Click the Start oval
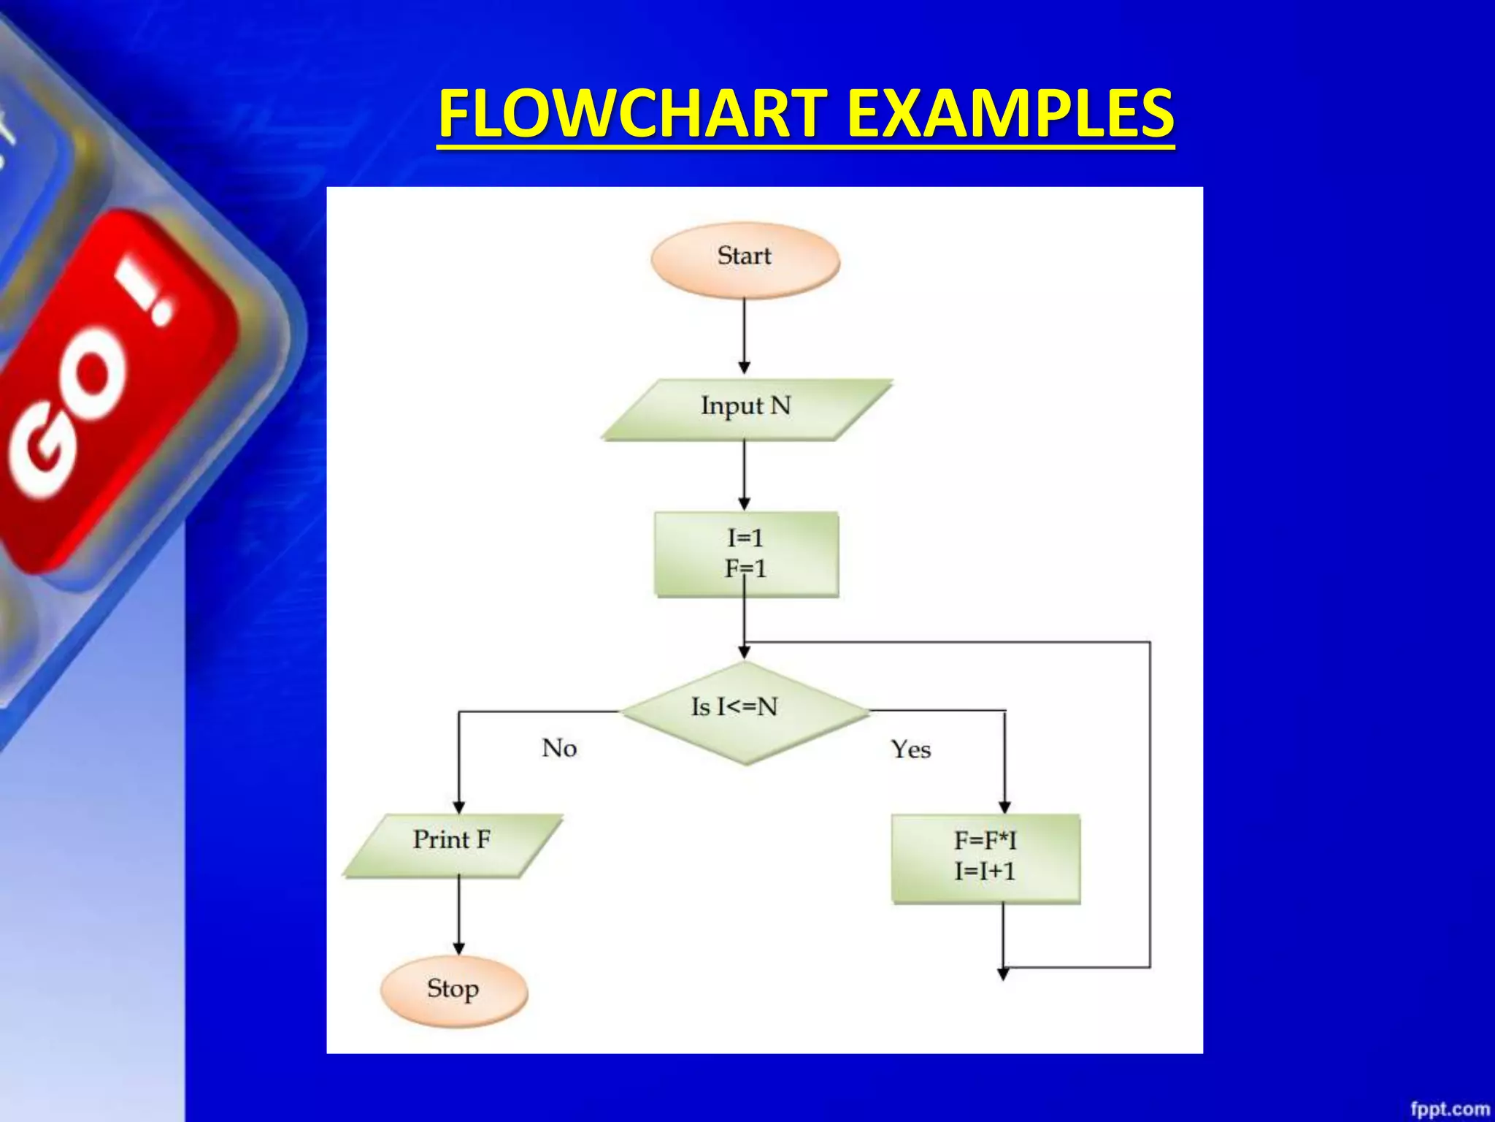[745, 259]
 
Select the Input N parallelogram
[746, 408]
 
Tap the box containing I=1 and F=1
[746, 554]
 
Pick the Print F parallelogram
[453, 844]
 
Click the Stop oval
[453, 991]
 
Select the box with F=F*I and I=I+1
[985, 858]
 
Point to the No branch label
[559, 748]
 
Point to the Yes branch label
[910, 749]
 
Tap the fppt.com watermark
[1448, 1109]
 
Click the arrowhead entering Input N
[745, 367]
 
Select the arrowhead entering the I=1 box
[745, 504]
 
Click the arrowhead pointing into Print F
[458, 807]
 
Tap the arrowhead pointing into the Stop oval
[458, 949]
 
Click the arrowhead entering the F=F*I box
[1004, 807]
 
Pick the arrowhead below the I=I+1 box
[1003, 974]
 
